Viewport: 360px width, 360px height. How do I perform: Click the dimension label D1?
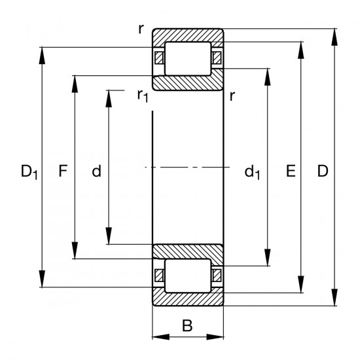click(29, 172)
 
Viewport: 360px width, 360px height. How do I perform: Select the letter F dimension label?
click(63, 172)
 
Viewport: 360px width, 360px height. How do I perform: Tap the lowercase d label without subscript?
click(96, 172)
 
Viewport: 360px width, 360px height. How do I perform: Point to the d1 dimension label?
click(253, 173)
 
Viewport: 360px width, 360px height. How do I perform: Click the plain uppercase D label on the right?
click(322, 172)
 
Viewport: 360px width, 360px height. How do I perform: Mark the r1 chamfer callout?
click(142, 96)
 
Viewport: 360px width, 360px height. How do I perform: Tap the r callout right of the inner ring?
click(233, 96)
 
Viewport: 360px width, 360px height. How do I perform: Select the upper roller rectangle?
click(188, 58)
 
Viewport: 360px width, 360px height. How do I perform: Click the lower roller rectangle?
click(188, 275)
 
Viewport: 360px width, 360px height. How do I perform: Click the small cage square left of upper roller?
click(158, 58)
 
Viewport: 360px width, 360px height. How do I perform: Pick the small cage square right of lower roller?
click(217, 275)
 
